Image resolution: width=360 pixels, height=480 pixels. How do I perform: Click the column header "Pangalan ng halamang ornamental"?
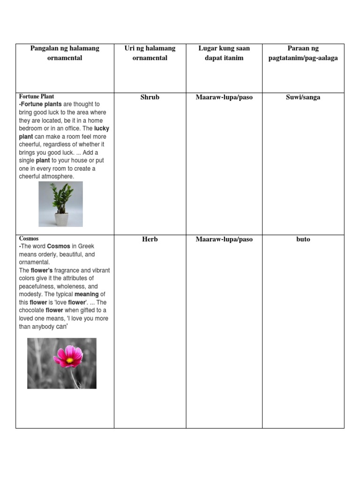pos(65,53)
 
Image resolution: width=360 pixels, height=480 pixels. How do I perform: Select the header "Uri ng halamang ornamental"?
pos(150,53)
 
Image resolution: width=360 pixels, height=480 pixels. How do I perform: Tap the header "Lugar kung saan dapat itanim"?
pos(224,53)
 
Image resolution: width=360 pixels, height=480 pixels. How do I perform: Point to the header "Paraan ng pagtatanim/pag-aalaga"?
pos(303,53)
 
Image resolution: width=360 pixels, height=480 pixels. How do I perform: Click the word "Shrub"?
pos(150,97)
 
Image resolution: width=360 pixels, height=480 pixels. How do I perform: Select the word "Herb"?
pos(150,239)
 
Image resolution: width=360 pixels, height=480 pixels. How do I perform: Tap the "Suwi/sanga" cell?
pos(303,97)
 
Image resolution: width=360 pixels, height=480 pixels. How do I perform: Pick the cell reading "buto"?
pos(303,239)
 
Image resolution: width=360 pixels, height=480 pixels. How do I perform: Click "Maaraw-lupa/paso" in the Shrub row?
pos(224,97)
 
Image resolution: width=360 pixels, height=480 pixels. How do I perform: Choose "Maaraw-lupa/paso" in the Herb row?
pos(224,239)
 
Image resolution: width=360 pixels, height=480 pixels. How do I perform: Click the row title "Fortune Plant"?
pos(37,97)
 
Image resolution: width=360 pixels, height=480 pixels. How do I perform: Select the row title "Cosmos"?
pos(29,239)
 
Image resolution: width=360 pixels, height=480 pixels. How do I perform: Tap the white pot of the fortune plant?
pos(61,219)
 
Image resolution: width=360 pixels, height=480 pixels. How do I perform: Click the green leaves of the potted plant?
pos(61,197)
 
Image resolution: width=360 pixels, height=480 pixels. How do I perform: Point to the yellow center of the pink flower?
pos(69,360)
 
